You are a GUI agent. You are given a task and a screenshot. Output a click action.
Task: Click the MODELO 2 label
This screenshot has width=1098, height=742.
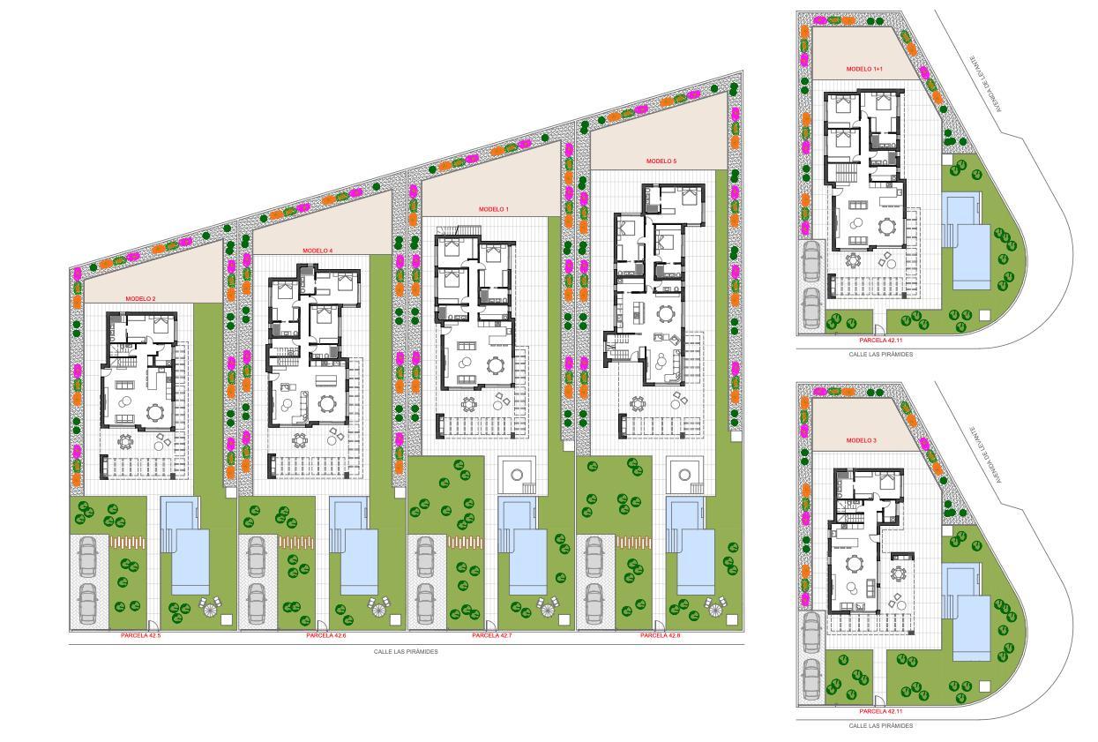pos(140,299)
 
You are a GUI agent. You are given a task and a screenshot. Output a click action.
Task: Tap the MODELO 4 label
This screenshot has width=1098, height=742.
pos(317,251)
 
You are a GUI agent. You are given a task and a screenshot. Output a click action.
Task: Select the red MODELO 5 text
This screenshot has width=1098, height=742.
pos(661,161)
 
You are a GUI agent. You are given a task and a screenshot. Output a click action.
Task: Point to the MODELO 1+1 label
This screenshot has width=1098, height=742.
pos(864,69)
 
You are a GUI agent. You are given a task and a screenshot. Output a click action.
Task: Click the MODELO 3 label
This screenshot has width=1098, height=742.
pos(862,440)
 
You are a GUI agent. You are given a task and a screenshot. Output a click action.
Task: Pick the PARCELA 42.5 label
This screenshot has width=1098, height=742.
pos(141,635)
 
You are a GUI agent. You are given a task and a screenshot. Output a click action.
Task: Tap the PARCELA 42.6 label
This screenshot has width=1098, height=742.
pos(326,635)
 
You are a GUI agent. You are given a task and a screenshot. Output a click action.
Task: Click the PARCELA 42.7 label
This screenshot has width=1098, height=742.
pos(492,635)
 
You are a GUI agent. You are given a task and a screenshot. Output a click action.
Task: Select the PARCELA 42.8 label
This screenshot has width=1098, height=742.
pos(661,635)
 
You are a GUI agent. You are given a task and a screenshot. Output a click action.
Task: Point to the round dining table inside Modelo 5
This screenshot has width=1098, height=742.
pos(665,314)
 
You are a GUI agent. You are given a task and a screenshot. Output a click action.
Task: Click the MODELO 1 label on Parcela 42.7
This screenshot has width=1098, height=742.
pos(494,209)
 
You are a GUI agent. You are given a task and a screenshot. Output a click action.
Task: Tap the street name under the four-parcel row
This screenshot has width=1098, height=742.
pos(406,652)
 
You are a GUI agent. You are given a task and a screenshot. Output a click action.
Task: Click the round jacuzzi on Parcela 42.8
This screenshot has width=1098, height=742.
pos(683,475)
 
